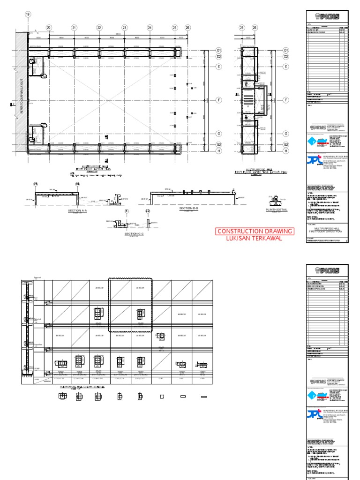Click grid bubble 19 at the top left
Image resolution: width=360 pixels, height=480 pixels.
pos(28,15)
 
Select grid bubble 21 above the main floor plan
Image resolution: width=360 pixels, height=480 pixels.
pos(74,28)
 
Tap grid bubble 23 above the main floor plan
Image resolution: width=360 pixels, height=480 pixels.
pos(125,28)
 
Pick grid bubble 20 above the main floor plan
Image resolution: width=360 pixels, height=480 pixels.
pos(49,28)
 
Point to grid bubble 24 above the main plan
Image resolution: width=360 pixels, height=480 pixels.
pos(150,28)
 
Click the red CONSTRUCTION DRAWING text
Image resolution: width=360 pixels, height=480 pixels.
pos(255,231)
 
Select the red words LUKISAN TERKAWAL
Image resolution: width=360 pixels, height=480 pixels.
pos(255,239)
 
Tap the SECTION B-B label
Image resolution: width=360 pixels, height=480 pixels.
pos(189,208)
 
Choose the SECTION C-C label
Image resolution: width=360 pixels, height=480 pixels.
pos(135,233)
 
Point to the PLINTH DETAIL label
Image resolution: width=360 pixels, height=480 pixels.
pos(276,210)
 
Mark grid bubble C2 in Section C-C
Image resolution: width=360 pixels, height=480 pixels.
pos(148,211)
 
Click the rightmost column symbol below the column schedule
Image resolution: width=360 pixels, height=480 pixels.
pos(204,397)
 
